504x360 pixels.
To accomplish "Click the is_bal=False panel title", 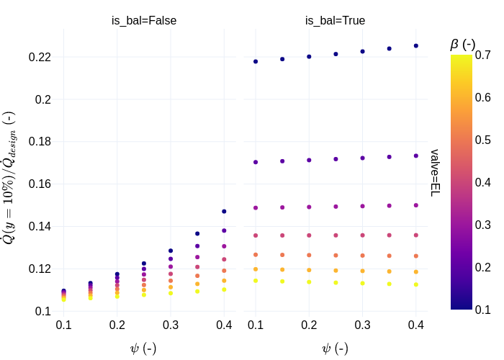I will (x=144, y=21).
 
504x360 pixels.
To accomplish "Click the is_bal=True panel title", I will (x=335, y=21).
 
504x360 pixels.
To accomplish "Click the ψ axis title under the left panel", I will (x=143, y=348).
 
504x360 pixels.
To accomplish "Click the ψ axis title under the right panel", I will (x=335, y=348).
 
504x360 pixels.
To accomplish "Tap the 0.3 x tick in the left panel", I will (x=171, y=325).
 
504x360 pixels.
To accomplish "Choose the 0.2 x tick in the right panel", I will (x=309, y=325).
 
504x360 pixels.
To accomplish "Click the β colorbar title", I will (x=462, y=44).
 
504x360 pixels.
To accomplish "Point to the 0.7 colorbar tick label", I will (x=482, y=55).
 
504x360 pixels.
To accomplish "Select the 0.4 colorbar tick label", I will (x=482, y=183).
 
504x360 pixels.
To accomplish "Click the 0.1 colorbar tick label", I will (x=482, y=310).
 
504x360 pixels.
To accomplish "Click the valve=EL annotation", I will (x=435, y=173).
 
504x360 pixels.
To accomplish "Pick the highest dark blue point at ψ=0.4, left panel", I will (x=224, y=212).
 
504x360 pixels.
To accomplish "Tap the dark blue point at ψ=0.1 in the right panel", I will (x=256, y=62).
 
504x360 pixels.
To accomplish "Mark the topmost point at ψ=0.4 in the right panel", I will (x=416, y=46).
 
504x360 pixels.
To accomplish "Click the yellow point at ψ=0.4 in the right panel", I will (x=416, y=284).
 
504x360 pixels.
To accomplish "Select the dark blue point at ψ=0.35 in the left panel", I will (x=197, y=233).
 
